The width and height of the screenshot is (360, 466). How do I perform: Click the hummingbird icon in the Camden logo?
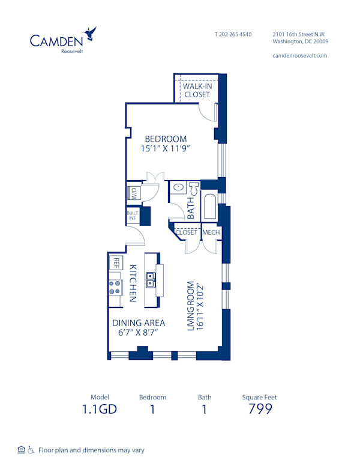(x=91, y=33)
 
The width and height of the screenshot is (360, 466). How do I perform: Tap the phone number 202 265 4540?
(x=233, y=34)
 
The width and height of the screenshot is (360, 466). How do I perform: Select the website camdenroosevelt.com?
(x=299, y=55)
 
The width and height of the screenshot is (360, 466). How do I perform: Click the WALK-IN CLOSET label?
(x=197, y=90)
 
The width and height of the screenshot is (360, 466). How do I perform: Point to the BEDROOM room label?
(x=166, y=139)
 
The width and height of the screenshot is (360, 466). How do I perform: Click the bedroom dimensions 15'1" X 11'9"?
(x=166, y=150)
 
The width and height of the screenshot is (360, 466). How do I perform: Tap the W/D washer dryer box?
(x=133, y=193)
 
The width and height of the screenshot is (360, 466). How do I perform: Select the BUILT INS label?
(x=132, y=216)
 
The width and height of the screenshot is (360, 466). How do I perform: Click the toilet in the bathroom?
(x=193, y=188)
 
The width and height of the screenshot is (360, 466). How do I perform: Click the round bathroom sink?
(x=178, y=188)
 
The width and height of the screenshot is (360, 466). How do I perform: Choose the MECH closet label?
(x=210, y=232)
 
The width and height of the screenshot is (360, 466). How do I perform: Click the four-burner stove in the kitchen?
(x=115, y=286)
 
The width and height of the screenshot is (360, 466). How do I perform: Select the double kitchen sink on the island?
(x=151, y=280)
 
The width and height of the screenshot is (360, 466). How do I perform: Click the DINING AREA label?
(x=139, y=322)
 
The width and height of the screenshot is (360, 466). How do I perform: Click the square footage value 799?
(x=260, y=410)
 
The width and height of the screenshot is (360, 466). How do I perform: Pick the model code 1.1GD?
(x=100, y=410)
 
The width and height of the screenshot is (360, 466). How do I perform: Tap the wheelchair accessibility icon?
(x=31, y=450)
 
